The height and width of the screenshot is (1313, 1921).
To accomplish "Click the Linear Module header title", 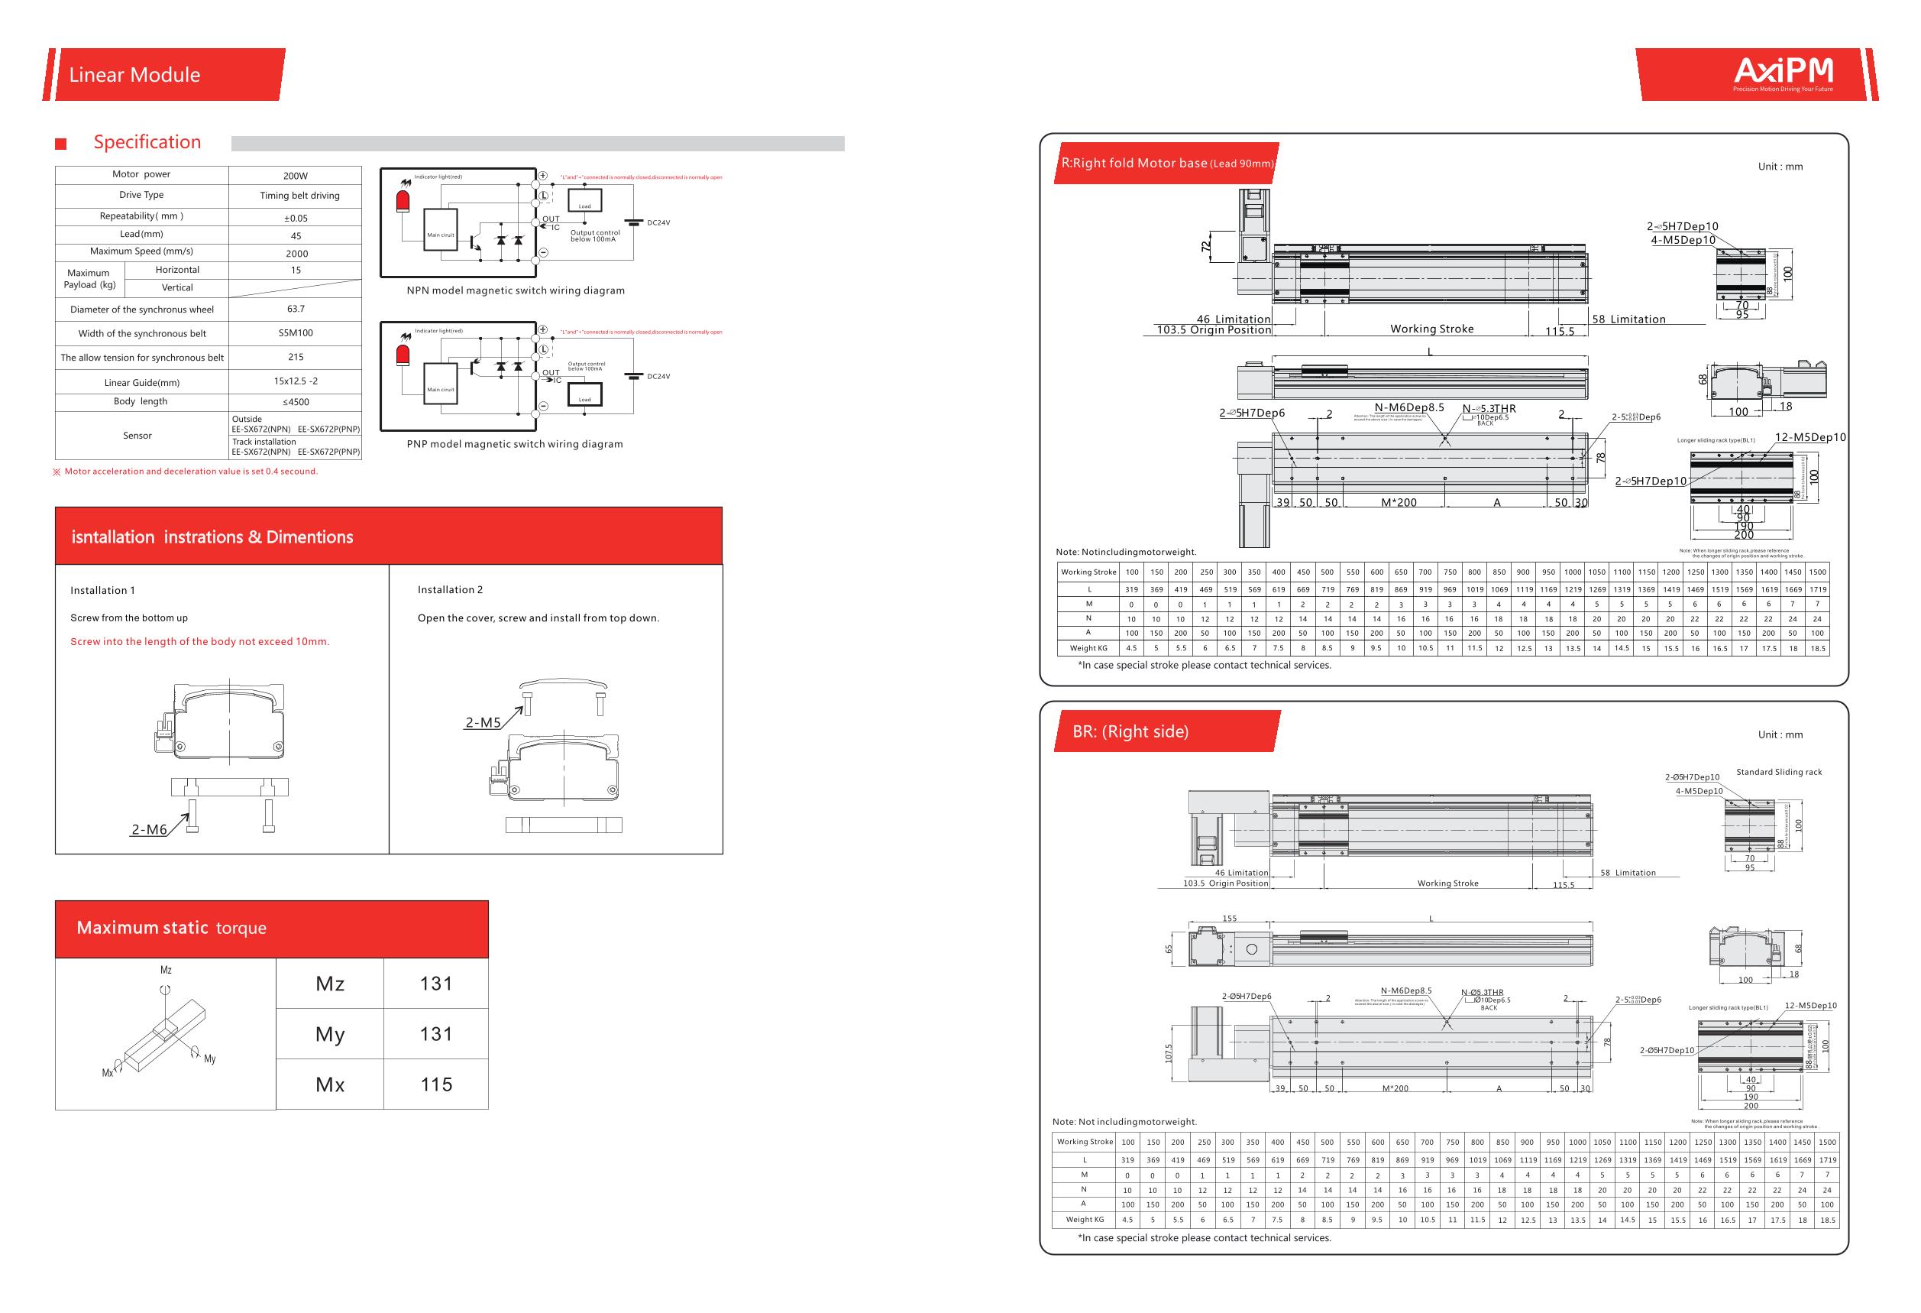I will pyautogui.click(x=134, y=74).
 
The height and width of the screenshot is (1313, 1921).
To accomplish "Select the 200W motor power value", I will pyautogui.click(x=295, y=175).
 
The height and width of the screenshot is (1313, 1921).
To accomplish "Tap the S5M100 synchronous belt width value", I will pyautogui.click(x=295, y=332).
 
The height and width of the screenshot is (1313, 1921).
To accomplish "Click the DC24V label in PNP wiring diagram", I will pyautogui.click(x=658, y=376).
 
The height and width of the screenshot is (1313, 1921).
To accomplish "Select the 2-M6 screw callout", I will pyautogui.click(x=150, y=829).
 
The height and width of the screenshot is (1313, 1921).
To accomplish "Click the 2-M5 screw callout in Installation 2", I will pyautogui.click(x=483, y=721).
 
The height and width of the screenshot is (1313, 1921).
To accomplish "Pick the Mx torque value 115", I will pyautogui.click(x=435, y=1084).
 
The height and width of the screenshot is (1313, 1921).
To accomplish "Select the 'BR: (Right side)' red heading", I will pyautogui.click(x=1130, y=731).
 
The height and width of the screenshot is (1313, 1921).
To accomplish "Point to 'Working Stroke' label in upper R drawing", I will pyautogui.click(x=1431, y=329).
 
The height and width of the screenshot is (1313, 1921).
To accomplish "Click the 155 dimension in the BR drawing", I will pyautogui.click(x=1229, y=918).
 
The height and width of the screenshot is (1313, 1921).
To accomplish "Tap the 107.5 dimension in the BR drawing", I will pyautogui.click(x=1169, y=1053).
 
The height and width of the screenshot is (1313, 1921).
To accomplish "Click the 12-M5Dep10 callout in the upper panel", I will pyautogui.click(x=1810, y=436).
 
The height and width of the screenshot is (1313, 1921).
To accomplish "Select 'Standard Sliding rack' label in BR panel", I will pyautogui.click(x=1779, y=771).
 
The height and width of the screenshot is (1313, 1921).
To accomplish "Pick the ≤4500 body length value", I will pyautogui.click(x=295, y=402).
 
